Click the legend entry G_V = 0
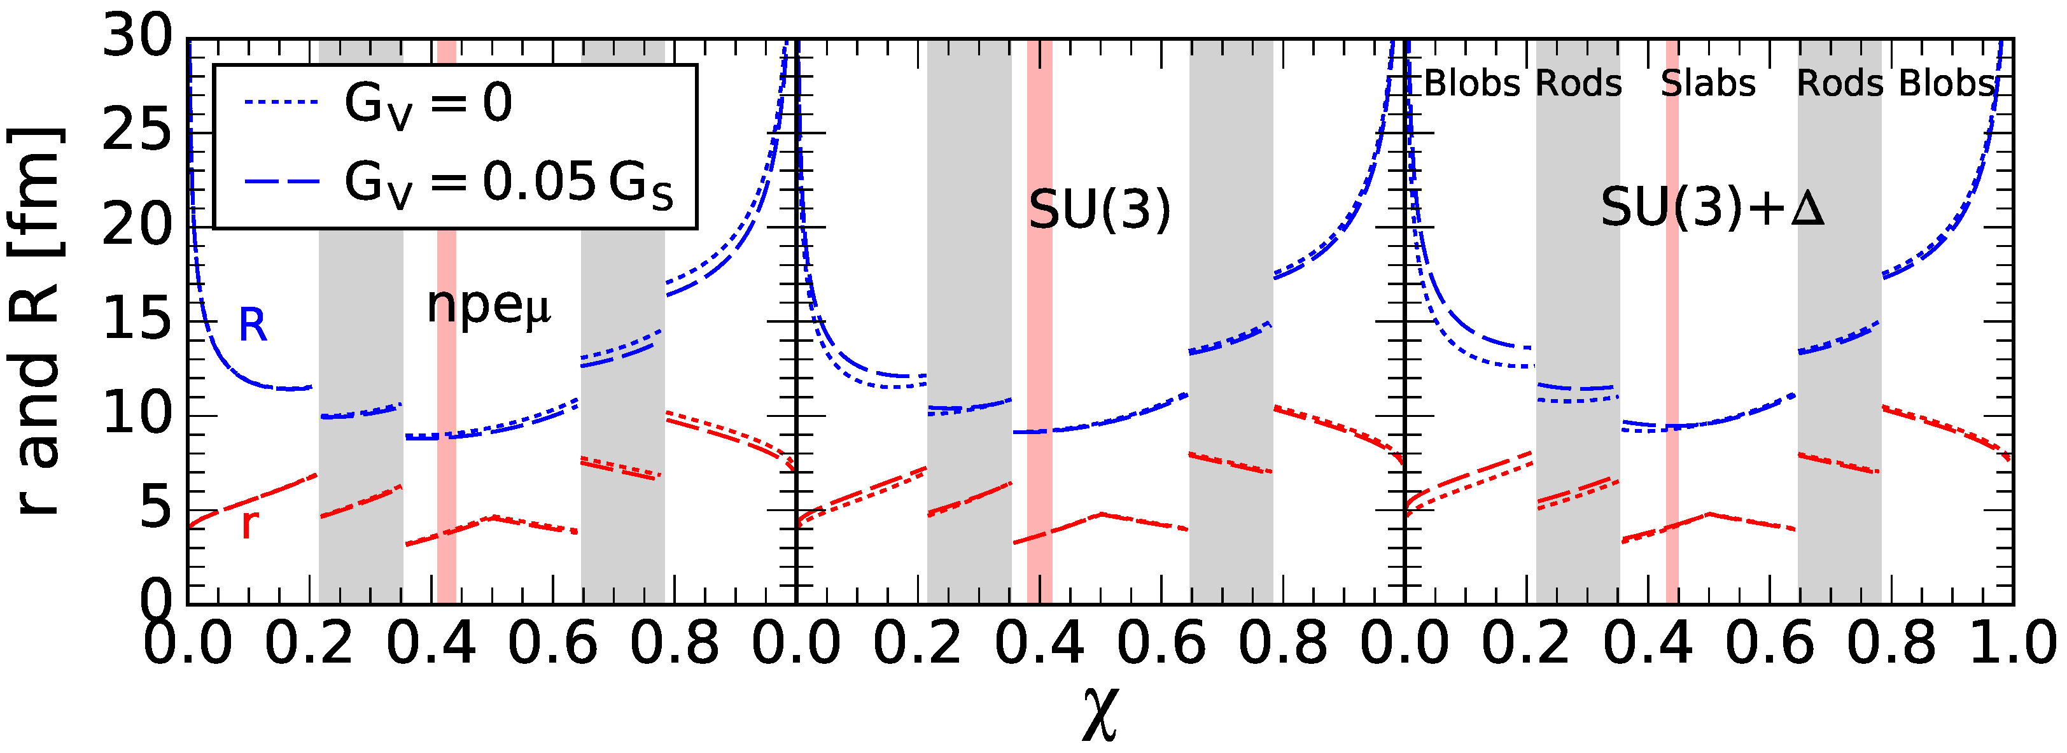pyautogui.click(x=428, y=104)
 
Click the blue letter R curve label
pyautogui.click(x=253, y=325)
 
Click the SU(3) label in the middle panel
pyautogui.click(x=1099, y=210)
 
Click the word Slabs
pyautogui.click(x=1707, y=83)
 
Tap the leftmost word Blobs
pyautogui.click(x=1471, y=83)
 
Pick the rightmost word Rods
pyautogui.click(x=1839, y=83)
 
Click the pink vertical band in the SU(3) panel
pyautogui.click(x=1039, y=321)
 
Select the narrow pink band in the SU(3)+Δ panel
pyautogui.click(x=1671, y=321)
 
